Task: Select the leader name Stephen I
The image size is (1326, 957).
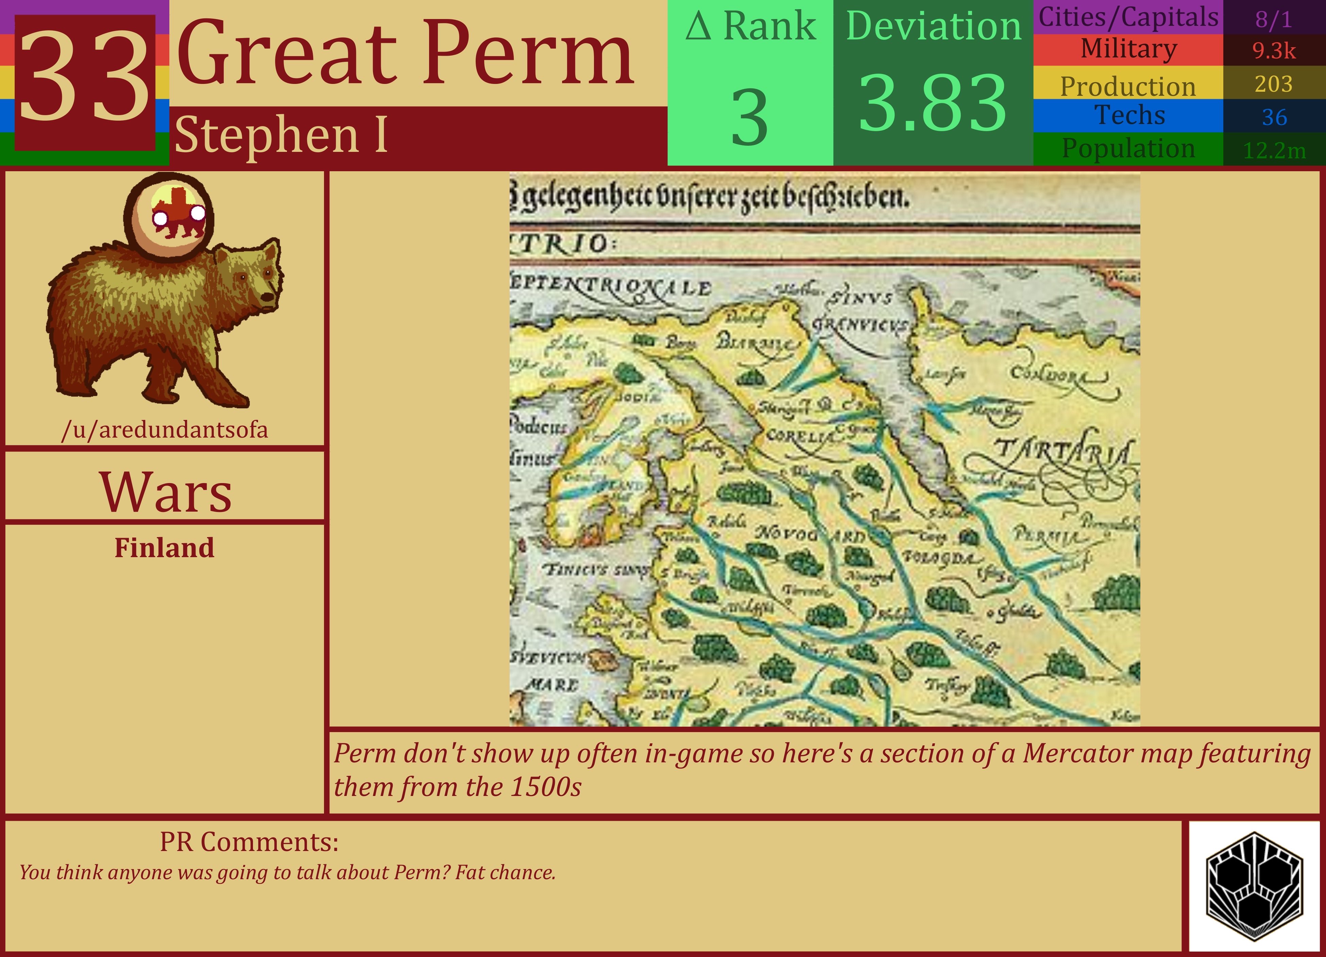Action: (x=280, y=135)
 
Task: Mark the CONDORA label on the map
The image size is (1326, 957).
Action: (x=1055, y=374)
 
